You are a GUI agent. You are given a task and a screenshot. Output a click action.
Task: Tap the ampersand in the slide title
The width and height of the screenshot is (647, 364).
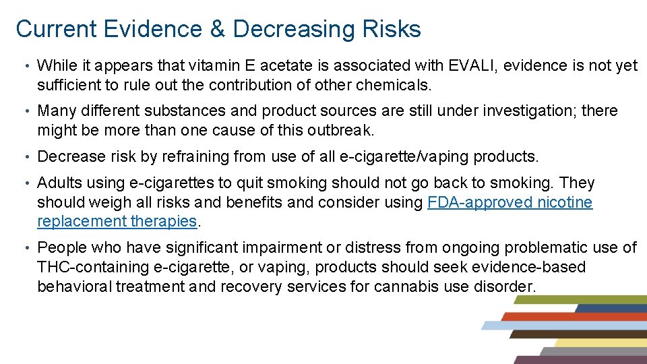[x=221, y=29]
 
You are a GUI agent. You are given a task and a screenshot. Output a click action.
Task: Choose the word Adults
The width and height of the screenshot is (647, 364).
[x=59, y=183]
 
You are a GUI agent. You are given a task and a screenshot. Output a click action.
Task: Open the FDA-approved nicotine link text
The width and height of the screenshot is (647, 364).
[x=510, y=202]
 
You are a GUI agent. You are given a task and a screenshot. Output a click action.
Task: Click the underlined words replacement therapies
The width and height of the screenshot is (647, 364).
[x=117, y=221]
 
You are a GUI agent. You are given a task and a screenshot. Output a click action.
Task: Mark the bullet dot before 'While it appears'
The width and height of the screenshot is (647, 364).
[x=24, y=66]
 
